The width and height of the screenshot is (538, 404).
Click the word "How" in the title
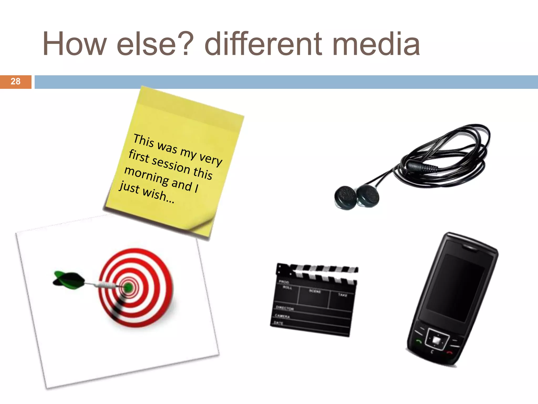(x=75, y=44)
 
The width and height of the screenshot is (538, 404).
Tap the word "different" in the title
(x=263, y=44)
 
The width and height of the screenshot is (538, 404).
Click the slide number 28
(x=15, y=82)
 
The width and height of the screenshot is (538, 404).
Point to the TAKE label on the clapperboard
(x=343, y=295)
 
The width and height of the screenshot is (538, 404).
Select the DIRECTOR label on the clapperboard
(x=285, y=308)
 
